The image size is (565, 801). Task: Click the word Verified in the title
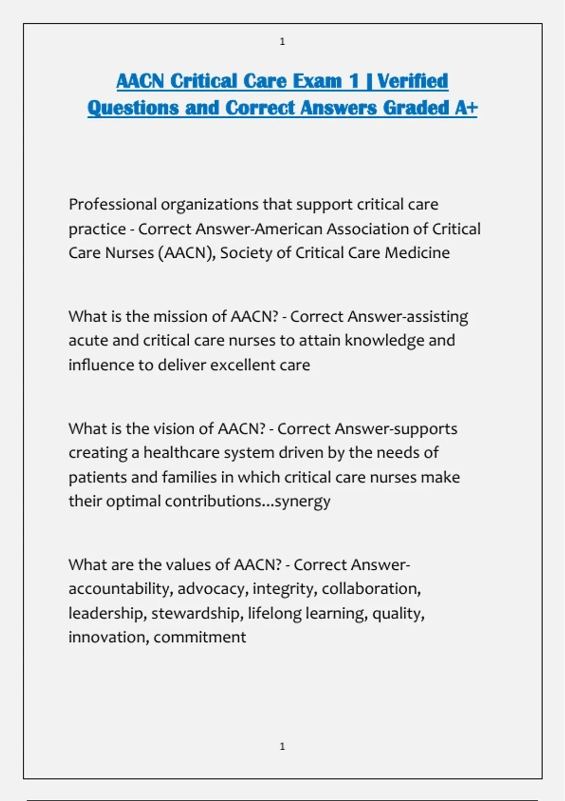[412, 81]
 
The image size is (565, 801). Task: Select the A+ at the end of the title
[466, 108]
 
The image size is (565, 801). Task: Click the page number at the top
[282, 42]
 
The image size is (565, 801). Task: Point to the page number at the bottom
[282, 746]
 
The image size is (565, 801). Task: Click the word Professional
[113, 204]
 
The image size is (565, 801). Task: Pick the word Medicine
[417, 253]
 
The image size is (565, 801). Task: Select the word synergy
[302, 501]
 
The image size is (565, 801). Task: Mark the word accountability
[120, 589]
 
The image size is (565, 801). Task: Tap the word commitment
[200, 638]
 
